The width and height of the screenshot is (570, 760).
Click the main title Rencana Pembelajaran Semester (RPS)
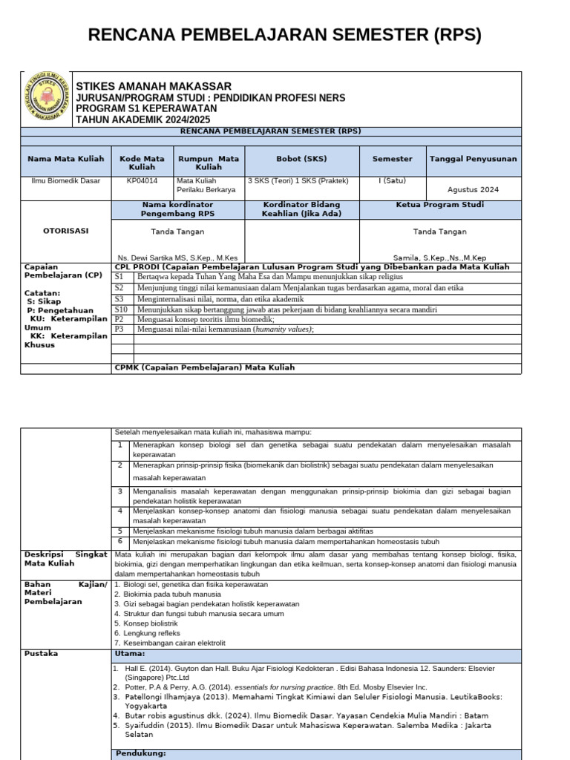point(285,35)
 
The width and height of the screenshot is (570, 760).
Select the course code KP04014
point(142,180)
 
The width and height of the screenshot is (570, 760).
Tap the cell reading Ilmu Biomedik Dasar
point(65,180)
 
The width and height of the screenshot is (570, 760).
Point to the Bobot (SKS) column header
point(302,159)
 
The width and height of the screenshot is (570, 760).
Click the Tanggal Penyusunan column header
point(474,159)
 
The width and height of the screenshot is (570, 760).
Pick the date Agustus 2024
point(474,190)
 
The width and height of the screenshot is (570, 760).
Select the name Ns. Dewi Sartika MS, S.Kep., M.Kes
point(177,258)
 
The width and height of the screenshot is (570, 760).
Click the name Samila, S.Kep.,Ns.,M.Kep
point(451,258)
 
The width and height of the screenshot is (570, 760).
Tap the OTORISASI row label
point(65,231)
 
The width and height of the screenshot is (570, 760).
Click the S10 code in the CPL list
point(122,309)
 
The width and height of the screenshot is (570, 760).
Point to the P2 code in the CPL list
point(119,319)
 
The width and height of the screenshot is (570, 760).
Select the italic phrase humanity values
point(283,330)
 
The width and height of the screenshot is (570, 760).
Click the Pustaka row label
point(41,654)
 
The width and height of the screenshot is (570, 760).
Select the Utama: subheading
point(130,654)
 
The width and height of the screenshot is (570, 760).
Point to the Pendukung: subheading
point(140,753)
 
